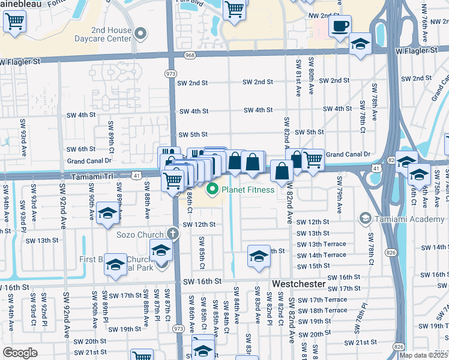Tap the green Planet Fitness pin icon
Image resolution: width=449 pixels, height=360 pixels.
click(211, 190)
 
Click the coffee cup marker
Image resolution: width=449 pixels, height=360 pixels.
click(340, 26)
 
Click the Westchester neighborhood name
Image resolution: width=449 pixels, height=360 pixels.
click(298, 283)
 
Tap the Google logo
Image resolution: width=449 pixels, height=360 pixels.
click(20, 353)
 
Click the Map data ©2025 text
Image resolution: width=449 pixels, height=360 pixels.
click(424, 355)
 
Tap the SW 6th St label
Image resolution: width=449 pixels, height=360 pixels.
click(81, 149)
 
